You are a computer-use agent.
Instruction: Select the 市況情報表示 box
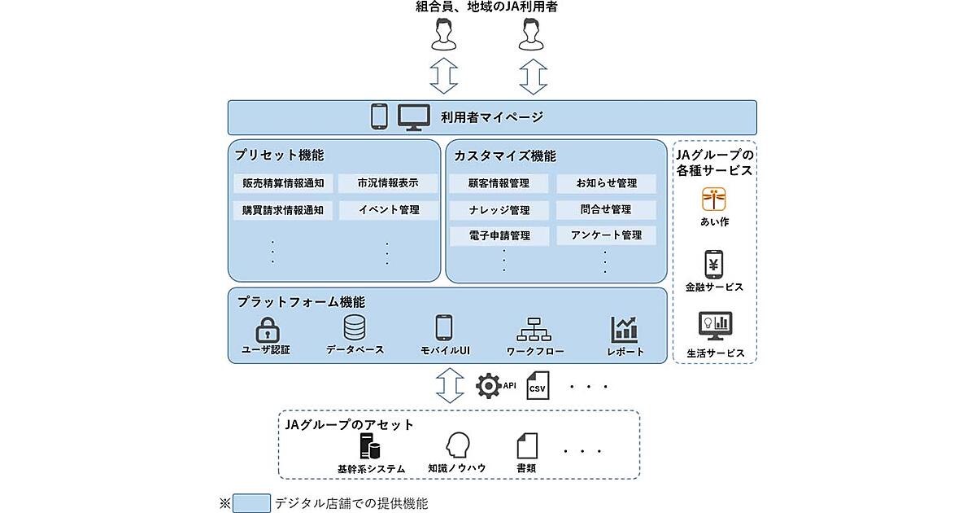388,183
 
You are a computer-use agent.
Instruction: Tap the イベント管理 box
388,209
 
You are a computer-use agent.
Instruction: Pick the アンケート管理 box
606,235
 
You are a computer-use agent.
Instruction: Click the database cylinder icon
355,328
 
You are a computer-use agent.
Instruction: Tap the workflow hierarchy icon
534,329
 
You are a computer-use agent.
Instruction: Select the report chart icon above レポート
625,329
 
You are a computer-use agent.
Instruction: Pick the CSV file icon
537,387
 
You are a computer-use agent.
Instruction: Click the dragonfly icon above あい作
714,199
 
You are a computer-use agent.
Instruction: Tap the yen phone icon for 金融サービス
714,265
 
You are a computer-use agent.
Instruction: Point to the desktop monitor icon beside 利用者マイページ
413,117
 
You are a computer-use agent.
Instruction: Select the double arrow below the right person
533,77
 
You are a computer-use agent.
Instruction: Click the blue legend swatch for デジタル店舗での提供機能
251,503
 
